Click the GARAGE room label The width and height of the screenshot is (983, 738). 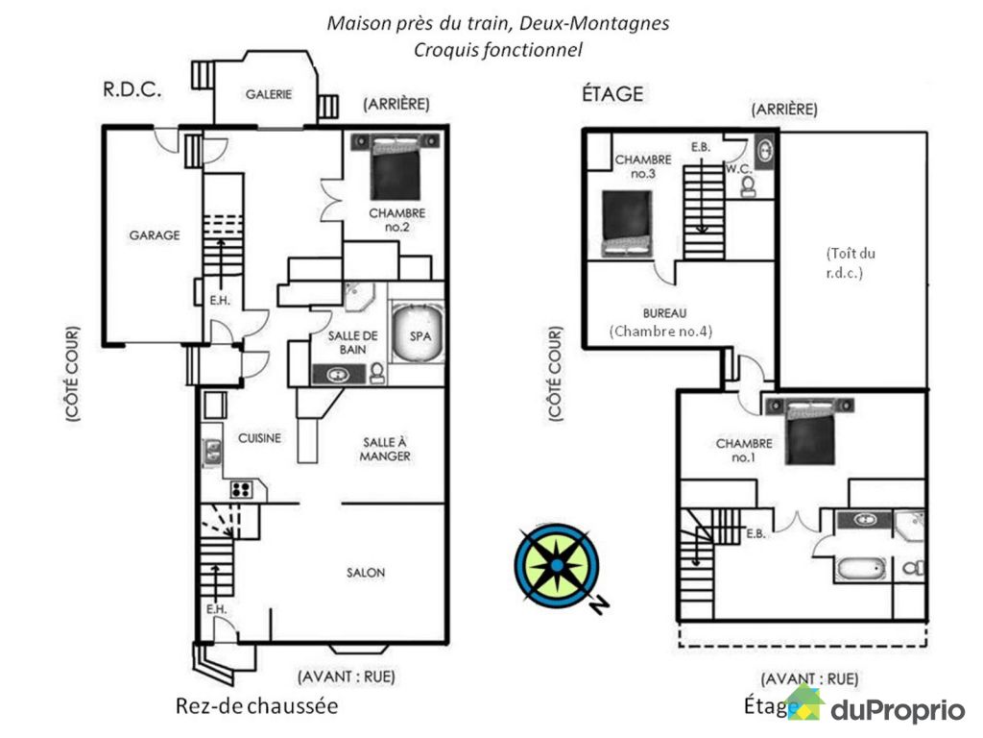155,234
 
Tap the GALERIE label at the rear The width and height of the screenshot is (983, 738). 268,93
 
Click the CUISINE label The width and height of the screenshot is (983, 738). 260,438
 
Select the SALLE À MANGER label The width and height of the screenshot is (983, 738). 385,449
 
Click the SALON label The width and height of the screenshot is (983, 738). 366,573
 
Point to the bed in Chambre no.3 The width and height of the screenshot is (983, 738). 626,223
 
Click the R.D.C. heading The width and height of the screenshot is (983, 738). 130,89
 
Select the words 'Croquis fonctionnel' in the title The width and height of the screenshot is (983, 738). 498,49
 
